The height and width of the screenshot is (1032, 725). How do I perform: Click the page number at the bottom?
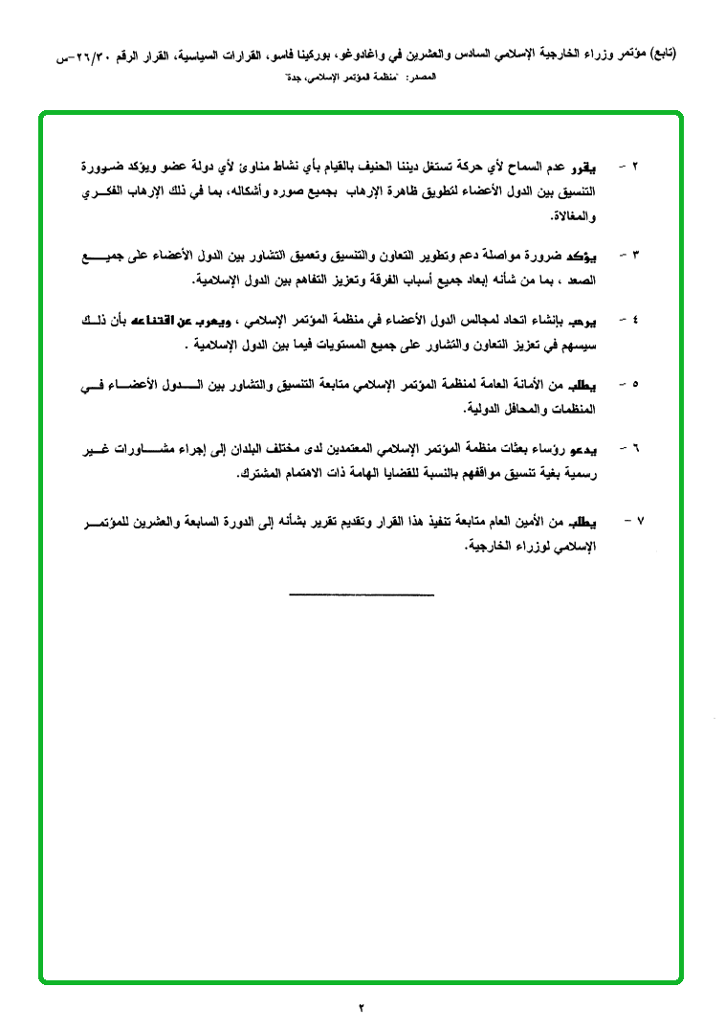pos(362,1007)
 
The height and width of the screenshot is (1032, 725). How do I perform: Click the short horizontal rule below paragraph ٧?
pos(362,595)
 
